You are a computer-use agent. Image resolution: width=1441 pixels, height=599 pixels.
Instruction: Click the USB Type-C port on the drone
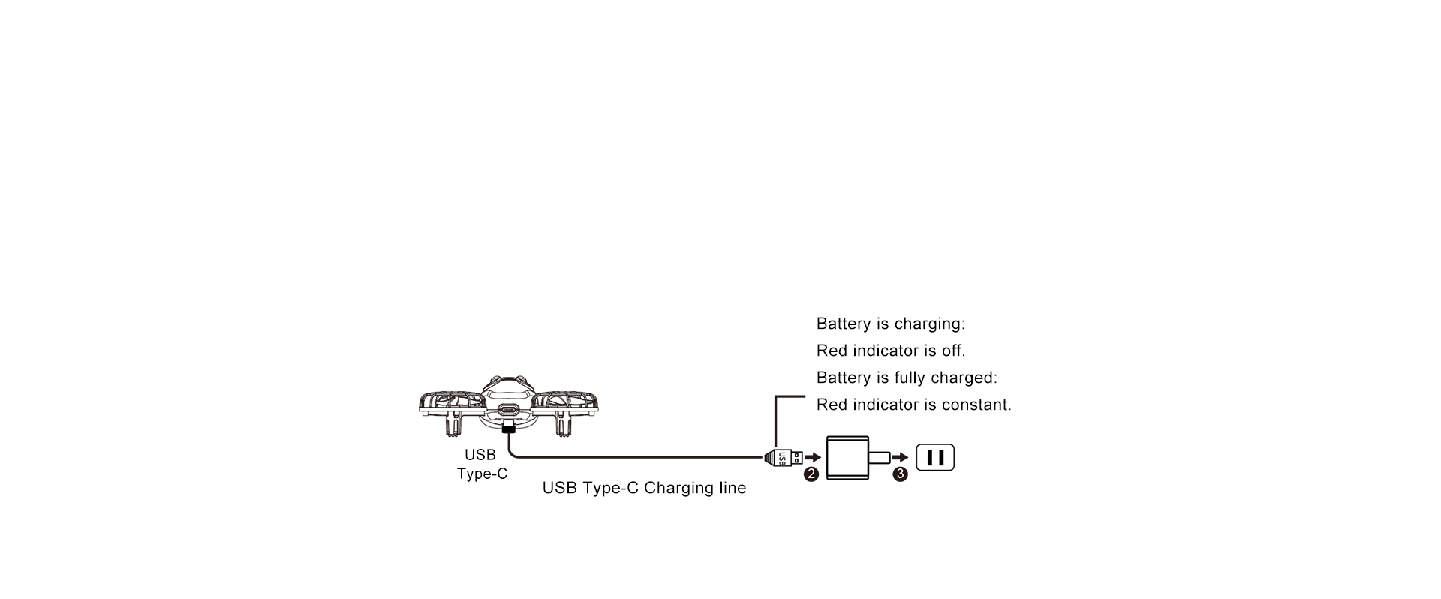pos(508,411)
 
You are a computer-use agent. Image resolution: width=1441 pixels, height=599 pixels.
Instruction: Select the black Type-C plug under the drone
pos(508,427)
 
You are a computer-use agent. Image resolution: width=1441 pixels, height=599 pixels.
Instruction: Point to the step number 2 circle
pos(811,474)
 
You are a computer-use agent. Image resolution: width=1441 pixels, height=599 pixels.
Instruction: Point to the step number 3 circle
pos(901,474)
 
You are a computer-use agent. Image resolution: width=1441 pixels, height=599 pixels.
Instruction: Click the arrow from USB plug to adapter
pos(813,457)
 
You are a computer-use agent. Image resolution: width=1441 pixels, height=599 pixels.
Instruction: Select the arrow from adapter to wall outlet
pos(901,457)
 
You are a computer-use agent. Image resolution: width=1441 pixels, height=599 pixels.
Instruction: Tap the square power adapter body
pos(847,457)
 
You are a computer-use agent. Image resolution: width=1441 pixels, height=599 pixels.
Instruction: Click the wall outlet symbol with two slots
pos(935,457)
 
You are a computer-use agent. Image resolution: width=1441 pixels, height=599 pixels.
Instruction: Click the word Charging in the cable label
pos(675,489)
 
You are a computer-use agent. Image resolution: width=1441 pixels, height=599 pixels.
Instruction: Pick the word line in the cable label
pos(732,488)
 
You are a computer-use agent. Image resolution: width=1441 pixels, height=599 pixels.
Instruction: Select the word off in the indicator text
pos(953,351)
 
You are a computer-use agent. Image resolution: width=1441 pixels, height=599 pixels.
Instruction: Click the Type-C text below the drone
pos(482,474)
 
